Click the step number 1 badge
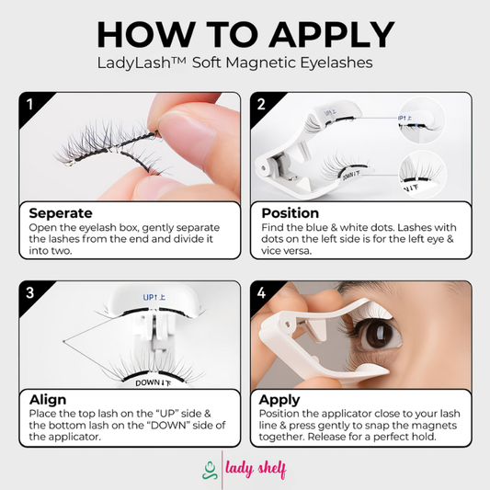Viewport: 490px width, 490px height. pos(29,104)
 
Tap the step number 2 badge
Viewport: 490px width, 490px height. pos(261,104)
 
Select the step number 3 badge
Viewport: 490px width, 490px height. pos(29,293)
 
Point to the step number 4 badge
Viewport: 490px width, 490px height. pos(261,293)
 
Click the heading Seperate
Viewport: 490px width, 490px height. pos(61,213)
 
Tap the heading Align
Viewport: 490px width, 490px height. pos(48,401)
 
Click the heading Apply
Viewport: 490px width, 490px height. pos(279,401)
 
